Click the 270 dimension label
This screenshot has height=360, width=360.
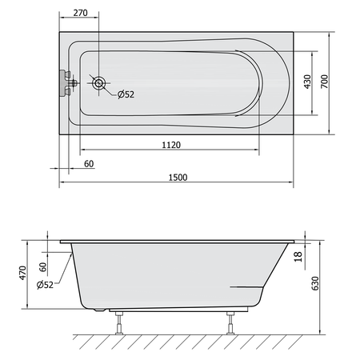80,13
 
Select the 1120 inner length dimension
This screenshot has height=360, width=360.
171,145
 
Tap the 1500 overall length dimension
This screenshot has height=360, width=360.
178,178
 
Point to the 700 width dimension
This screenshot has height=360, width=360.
324,82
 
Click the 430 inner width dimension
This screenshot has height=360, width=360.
307,82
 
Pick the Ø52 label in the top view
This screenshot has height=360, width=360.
126,94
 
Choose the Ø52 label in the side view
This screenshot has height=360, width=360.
45,285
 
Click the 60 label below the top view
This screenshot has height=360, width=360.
89,164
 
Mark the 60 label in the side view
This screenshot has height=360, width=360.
42,267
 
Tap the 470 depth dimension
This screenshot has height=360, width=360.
22,273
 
